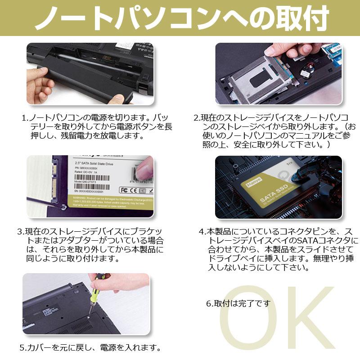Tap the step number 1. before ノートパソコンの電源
click(x=25, y=118)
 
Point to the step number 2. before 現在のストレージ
click(x=197, y=118)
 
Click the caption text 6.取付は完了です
click(x=238, y=303)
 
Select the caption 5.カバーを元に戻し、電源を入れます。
click(x=90, y=348)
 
